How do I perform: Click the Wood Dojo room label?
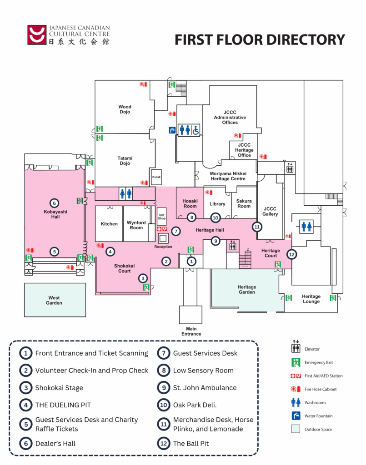point(125,109)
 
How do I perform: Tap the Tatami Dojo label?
point(125,160)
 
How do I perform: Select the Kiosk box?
point(156,177)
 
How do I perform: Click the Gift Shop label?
point(162,217)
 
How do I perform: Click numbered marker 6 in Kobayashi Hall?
point(54,203)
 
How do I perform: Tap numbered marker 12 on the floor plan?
point(292,255)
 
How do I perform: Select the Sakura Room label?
point(244,203)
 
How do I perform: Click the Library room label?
point(217,204)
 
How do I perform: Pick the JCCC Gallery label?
point(270,212)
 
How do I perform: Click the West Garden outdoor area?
point(54,300)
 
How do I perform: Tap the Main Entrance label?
point(191,331)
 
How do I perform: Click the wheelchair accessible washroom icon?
point(196,130)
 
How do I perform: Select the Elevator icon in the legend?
point(296,349)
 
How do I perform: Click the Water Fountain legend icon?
point(296,416)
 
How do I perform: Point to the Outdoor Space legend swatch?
point(296,429)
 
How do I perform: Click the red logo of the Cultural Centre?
point(37,35)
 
